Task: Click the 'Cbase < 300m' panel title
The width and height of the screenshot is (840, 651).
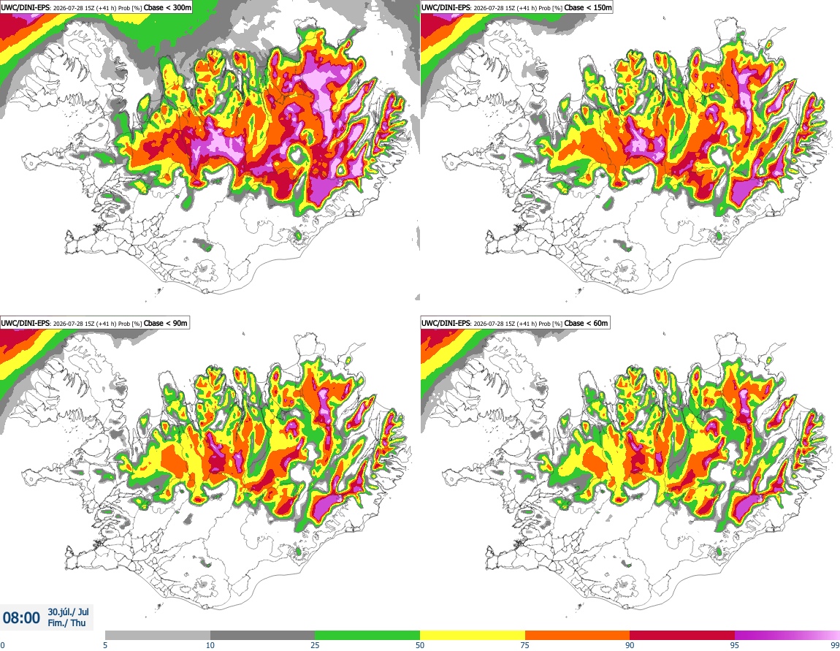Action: [168, 7]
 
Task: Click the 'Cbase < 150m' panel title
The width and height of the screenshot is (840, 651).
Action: [588, 7]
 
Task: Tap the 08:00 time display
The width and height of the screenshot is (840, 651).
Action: [21, 618]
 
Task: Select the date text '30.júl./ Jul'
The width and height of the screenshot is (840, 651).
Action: [68, 612]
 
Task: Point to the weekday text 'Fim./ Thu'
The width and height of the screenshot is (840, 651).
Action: [66, 623]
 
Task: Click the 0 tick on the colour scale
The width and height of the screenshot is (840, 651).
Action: [2, 645]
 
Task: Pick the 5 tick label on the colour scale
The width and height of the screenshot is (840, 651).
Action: [105, 645]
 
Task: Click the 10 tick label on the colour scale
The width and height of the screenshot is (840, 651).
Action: [210, 645]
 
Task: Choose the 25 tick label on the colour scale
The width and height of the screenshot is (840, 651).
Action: [315, 645]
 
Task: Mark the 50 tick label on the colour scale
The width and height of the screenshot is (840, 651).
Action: [420, 645]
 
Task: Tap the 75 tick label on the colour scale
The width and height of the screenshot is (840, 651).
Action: [525, 645]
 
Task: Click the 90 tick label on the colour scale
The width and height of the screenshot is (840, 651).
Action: [630, 645]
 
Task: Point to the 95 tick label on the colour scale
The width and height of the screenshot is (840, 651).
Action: [735, 645]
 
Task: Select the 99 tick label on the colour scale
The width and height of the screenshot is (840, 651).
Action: [835, 645]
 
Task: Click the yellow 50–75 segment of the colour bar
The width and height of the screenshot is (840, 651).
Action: [473, 636]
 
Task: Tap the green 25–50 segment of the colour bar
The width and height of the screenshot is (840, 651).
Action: [367, 636]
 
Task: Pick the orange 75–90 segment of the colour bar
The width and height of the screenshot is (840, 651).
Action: [578, 636]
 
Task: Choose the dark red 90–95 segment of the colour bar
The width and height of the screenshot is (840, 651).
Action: [682, 636]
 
